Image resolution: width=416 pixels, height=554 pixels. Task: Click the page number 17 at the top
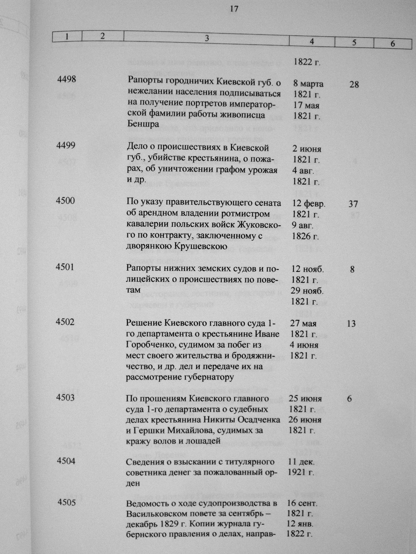(234, 9)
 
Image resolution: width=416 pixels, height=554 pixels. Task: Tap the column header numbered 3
(207, 38)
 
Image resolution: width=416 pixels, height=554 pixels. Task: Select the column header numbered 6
(392, 43)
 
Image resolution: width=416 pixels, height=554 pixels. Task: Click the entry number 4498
(67, 80)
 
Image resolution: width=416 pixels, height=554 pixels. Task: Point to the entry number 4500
(66, 200)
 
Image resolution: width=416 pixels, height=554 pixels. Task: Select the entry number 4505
(67, 502)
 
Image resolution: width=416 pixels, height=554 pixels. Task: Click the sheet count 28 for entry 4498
(354, 85)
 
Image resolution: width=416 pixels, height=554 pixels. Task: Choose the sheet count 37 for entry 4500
(353, 204)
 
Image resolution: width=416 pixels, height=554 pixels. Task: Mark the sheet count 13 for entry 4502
(351, 323)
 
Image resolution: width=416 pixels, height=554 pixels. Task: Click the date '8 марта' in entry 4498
(308, 84)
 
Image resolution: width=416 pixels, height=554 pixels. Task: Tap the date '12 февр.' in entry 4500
(309, 203)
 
